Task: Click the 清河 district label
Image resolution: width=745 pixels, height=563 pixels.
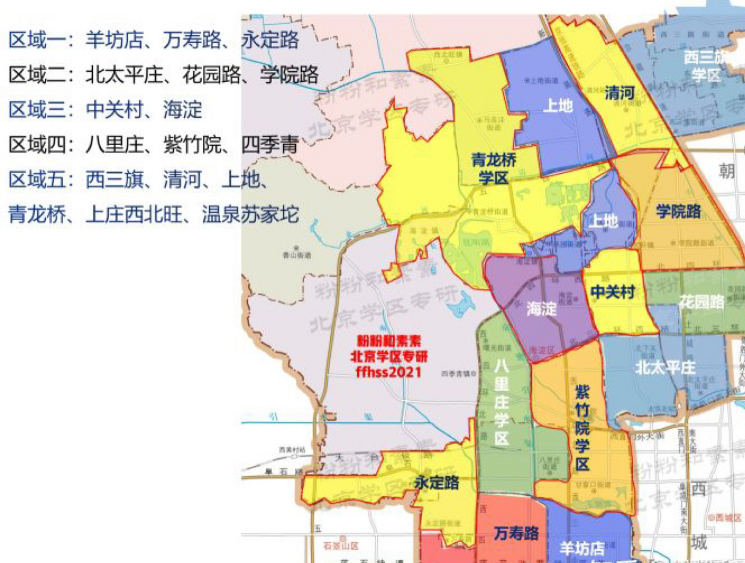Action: click(619, 93)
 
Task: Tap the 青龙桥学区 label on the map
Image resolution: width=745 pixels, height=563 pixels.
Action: click(493, 169)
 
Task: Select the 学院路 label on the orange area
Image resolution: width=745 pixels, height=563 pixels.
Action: click(678, 211)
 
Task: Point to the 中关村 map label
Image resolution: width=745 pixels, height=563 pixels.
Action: click(613, 292)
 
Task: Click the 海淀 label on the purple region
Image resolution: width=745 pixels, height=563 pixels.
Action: click(541, 309)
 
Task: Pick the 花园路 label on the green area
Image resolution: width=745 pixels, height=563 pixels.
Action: click(701, 302)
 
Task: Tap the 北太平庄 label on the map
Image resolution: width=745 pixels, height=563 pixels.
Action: click(665, 367)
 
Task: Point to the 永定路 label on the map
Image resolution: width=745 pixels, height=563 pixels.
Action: click(437, 483)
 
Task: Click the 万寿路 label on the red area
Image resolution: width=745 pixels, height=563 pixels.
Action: click(516, 533)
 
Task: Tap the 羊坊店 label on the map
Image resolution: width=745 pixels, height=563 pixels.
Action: click(581, 548)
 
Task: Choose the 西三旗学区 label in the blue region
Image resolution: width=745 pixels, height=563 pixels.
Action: click(705, 66)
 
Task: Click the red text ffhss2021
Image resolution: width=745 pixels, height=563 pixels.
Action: click(388, 372)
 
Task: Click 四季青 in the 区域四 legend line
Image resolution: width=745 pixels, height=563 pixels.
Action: click(270, 145)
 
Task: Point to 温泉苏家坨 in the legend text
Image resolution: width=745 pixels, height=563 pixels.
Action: click(250, 215)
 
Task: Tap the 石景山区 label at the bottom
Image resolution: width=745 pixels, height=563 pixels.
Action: click(341, 546)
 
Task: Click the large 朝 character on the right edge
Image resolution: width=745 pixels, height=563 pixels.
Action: click(727, 171)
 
